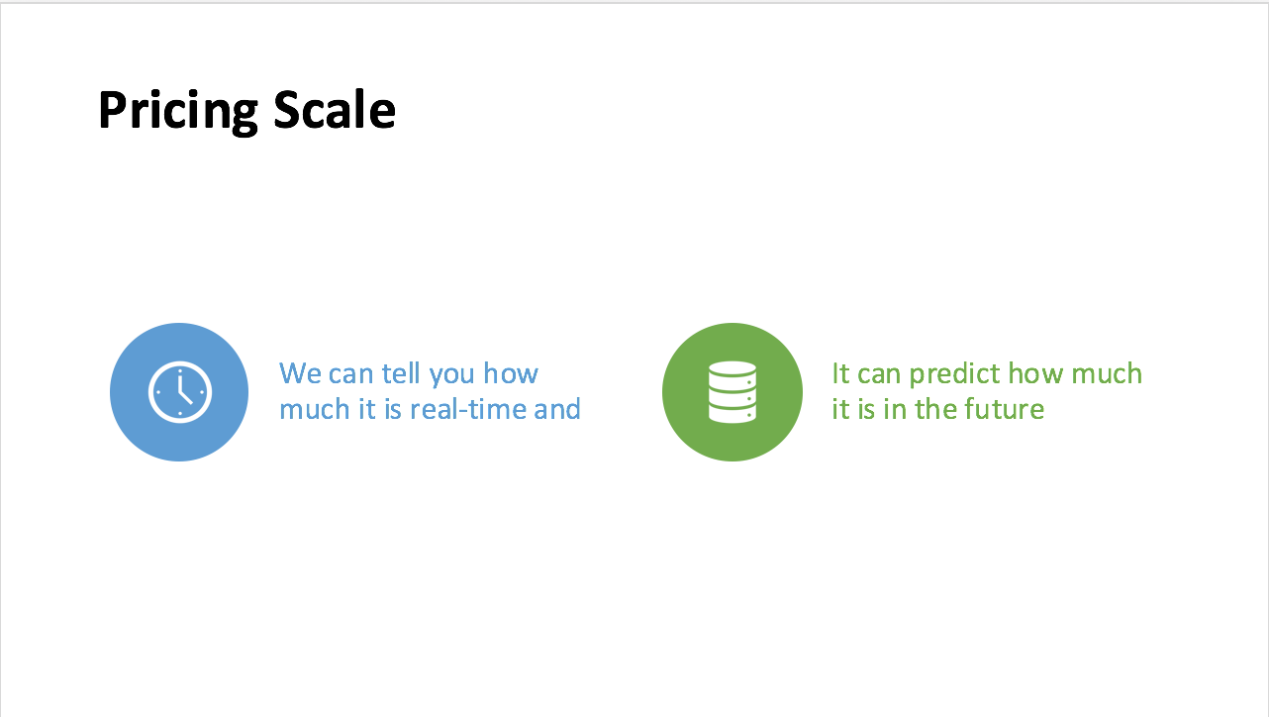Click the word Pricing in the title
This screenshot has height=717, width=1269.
(x=178, y=112)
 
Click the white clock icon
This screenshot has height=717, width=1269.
(x=180, y=392)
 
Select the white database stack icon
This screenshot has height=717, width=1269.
(x=732, y=392)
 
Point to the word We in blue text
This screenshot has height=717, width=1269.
(x=301, y=373)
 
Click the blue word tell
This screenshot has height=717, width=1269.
(x=401, y=373)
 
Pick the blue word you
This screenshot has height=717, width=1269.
(x=451, y=376)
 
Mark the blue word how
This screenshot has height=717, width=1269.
(x=511, y=373)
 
